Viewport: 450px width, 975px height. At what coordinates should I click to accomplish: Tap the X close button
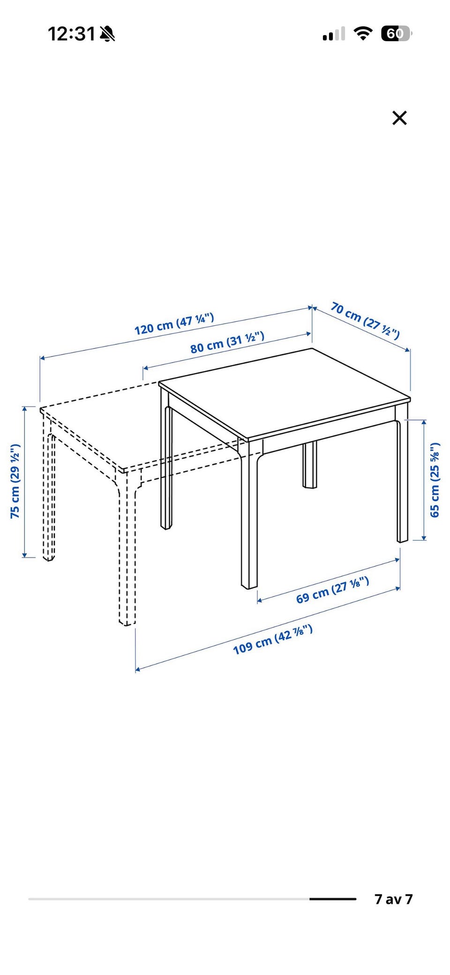tap(399, 118)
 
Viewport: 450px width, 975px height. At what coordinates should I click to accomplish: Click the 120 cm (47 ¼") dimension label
tap(174, 324)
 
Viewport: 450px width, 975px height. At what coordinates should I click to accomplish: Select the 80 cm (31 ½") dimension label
tap(227, 342)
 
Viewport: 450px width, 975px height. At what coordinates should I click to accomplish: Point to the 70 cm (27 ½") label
tap(365, 320)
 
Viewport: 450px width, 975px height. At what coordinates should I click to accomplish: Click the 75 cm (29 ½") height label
tap(15, 481)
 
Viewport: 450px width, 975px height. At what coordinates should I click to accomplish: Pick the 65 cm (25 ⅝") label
tap(435, 480)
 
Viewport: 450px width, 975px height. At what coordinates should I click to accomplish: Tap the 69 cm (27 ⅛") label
tap(332, 590)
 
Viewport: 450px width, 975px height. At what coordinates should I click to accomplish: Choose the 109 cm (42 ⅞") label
tap(273, 640)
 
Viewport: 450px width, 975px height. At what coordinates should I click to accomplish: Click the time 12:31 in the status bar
tap(72, 34)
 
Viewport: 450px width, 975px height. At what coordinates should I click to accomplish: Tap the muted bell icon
tap(107, 34)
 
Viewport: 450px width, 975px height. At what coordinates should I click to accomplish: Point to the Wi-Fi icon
tap(363, 33)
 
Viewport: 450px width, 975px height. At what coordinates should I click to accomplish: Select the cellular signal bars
tap(334, 34)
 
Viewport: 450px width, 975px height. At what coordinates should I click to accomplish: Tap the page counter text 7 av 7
tap(393, 899)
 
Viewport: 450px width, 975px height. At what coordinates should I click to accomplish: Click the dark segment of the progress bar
tap(333, 899)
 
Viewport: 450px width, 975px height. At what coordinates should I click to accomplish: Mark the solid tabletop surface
tap(285, 394)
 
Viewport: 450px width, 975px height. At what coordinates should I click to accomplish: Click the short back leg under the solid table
tap(309, 464)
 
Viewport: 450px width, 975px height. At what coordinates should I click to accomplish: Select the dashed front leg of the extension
tap(127, 548)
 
